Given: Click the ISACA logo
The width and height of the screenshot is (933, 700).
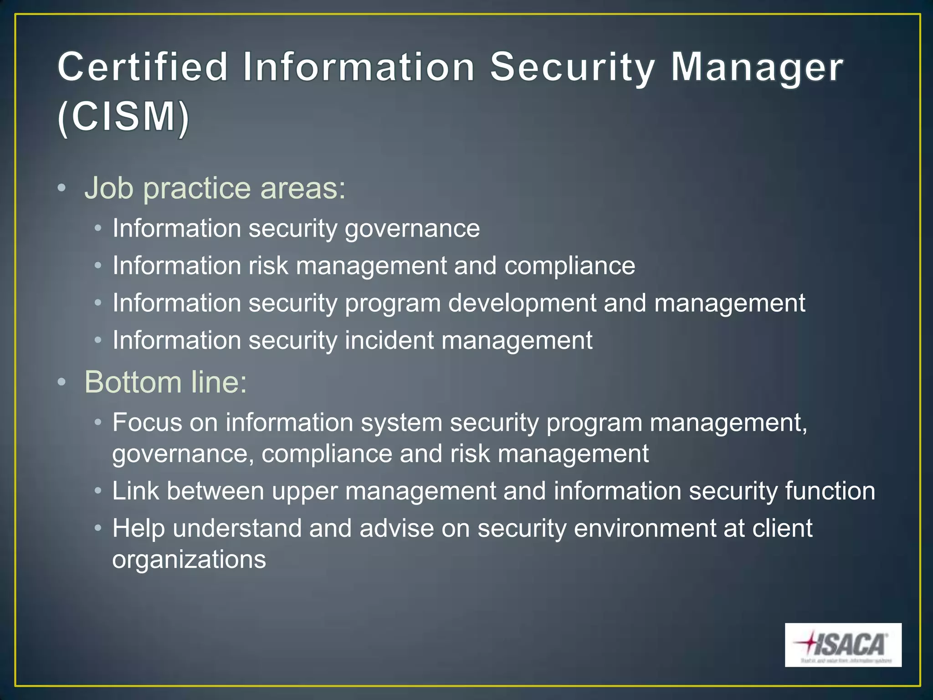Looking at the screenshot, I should tap(843, 644).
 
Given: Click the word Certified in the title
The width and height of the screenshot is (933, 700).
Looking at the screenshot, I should tap(143, 67).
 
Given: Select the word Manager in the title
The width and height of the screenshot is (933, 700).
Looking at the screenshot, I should tap(757, 67).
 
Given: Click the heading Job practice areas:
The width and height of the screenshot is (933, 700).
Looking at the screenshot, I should tap(215, 188).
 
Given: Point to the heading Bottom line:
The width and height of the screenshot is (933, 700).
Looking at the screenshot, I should tap(166, 382).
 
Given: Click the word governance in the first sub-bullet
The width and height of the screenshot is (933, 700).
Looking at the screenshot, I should tap(412, 229).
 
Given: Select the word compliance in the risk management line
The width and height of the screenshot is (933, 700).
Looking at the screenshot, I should tap(569, 266).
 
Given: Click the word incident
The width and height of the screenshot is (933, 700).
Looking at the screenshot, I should tap(389, 340).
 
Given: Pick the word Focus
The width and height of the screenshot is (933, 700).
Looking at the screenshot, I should tap(147, 422).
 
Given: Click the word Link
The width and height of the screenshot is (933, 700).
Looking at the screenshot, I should tap(135, 491).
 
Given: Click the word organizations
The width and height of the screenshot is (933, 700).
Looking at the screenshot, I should tap(189, 560).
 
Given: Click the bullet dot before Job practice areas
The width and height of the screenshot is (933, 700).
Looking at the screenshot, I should tap(62, 188).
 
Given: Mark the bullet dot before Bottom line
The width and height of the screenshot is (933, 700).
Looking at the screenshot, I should tap(62, 382).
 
